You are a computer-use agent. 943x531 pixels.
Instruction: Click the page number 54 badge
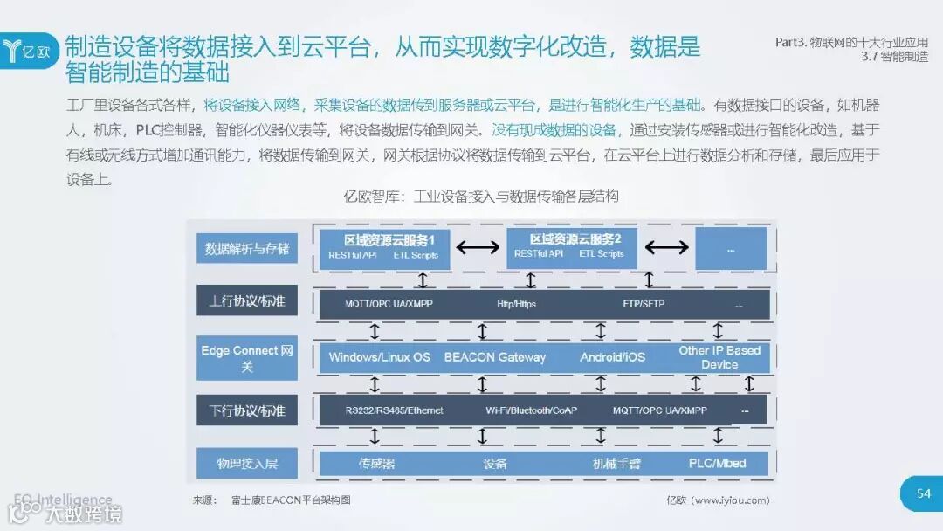923,493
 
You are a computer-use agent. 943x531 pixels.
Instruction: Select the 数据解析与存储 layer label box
246,249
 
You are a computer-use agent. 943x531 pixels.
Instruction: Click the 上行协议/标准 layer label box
246,302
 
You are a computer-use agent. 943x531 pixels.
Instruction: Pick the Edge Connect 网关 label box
246,358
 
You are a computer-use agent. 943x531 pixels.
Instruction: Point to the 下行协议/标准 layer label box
246,410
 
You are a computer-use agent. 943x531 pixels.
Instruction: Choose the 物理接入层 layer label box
246,463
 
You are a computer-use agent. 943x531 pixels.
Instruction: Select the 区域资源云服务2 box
571,247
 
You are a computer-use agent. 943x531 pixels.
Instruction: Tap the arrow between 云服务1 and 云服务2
478,248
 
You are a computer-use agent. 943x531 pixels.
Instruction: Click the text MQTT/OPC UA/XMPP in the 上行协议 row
377,305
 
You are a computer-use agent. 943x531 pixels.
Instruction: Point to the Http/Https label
516,305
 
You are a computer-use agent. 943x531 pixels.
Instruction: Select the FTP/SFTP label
644,305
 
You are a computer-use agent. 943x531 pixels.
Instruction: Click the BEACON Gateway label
494,357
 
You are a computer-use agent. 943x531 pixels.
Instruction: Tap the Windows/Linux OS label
379,357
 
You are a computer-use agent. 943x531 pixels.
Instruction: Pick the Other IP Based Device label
719,357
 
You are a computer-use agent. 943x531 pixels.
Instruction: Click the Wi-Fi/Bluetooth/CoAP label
531,410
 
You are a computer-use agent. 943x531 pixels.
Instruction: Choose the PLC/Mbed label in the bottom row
717,463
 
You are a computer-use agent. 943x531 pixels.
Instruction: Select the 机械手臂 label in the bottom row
616,464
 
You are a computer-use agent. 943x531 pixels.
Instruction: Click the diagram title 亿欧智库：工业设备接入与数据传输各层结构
482,197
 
